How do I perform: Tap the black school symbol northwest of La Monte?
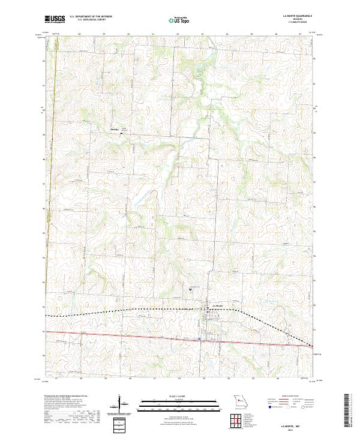tap(191, 290)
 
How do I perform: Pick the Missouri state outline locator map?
tap(239, 401)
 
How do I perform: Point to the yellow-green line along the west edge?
tap(51, 180)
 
